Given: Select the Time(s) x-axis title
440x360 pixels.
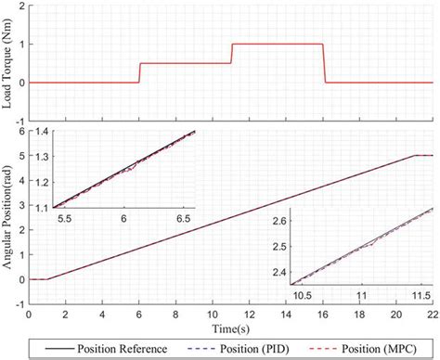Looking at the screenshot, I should pyautogui.click(x=230, y=329).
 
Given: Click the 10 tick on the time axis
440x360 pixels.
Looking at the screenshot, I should pyautogui.click(x=213, y=316).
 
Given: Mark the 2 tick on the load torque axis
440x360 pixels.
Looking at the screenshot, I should pyautogui.click(x=20, y=6).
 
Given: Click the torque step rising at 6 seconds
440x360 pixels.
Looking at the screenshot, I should pyautogui.click(x=139, y=72).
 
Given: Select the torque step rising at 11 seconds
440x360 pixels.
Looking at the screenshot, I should pyautogui.click(x=231, y=54).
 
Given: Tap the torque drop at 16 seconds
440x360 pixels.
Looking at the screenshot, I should pyautogui.click(x=324, y=63).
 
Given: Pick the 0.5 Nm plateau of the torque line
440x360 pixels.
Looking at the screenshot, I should pyautogui.click(x=186, y=63).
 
